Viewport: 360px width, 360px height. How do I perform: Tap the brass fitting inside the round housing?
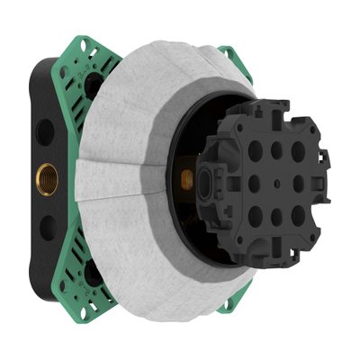(187, 179)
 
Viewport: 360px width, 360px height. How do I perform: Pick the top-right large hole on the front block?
(297, 151)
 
